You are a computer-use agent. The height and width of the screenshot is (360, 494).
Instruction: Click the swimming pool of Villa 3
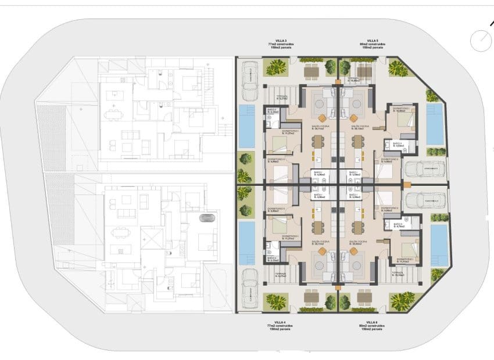247,125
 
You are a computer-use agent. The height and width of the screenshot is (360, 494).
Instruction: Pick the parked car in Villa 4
249,287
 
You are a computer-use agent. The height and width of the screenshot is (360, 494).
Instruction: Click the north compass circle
481,41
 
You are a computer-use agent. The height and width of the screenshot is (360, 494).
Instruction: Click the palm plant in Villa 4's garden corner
275,300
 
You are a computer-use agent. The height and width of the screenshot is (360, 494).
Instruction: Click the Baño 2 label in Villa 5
398,144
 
